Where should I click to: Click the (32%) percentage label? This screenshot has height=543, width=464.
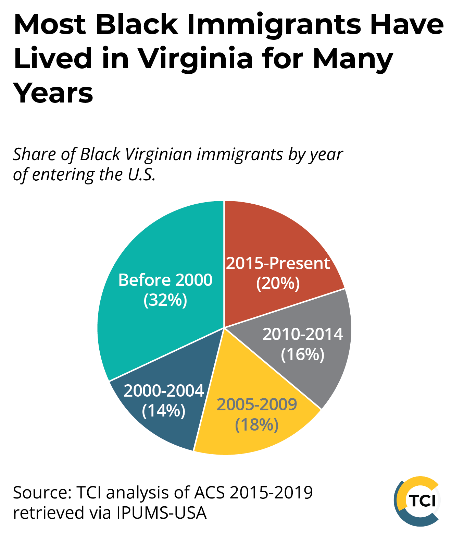(165, 300)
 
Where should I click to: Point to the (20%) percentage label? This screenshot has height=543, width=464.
(278, 283)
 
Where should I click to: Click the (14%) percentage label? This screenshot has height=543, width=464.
(164, 410)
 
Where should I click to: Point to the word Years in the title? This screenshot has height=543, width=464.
(53, 93)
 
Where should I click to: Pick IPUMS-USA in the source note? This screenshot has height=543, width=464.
(161, 513)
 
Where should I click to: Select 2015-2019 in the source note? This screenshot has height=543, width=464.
(271, 493)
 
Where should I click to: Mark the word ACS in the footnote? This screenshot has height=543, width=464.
(210, 493)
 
